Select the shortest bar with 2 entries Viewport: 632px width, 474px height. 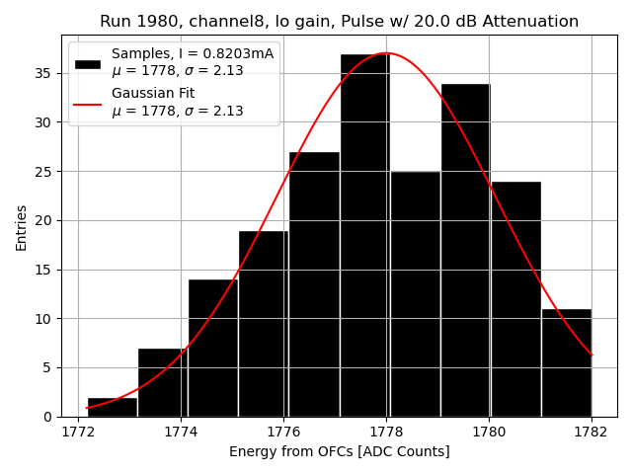[113, 407]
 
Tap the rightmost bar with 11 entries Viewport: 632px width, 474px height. [566, 362]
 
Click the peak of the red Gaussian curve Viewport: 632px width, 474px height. [386, 53]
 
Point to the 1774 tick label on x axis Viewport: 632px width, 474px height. [181, 432]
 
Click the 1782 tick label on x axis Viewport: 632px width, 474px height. [592, 432]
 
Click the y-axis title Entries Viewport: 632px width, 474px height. [22, 227]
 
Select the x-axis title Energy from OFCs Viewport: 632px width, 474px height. [339, 451]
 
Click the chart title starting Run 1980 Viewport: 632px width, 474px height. [339, 22]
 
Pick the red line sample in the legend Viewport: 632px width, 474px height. [88, 103]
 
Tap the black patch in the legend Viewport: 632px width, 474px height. [88, 62]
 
